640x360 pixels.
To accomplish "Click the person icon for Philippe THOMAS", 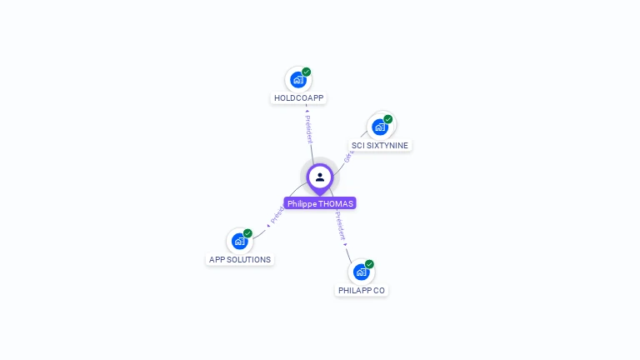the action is click(x=320, y=177).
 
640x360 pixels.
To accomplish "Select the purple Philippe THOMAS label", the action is click(x=320, y=203).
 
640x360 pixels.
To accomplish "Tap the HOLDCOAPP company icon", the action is click(x=297, y=80).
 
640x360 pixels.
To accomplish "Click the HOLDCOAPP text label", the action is click(x=298, y=98).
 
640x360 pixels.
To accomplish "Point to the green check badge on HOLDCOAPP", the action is click(x=307, y=72).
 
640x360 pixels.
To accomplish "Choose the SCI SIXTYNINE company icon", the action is click(x=380, y=127).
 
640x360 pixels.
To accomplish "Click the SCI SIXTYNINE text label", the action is click(x=380, y=145).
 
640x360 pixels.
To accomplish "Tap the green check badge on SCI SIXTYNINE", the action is click(x=388, y=119).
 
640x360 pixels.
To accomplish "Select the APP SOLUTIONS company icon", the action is click(x=240, y=242).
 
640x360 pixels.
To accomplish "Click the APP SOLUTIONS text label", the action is click(x=240, y=260).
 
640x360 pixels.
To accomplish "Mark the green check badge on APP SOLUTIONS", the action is click(x=247, y=233).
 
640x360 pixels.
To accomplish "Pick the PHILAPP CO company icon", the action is click(x=361, y=272).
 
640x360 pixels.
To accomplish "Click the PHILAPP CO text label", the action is click(x=362, y=290).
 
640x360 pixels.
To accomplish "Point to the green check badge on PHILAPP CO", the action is click(x=369, y=264).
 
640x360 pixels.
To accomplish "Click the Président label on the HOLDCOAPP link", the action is click(x=308, y=129).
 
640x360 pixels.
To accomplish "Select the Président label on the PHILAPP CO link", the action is click(x=341, y=227).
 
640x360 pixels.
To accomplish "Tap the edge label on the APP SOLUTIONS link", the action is click(x=277, y=213).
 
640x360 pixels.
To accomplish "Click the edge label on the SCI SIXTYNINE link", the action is click(x=348, y=154).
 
